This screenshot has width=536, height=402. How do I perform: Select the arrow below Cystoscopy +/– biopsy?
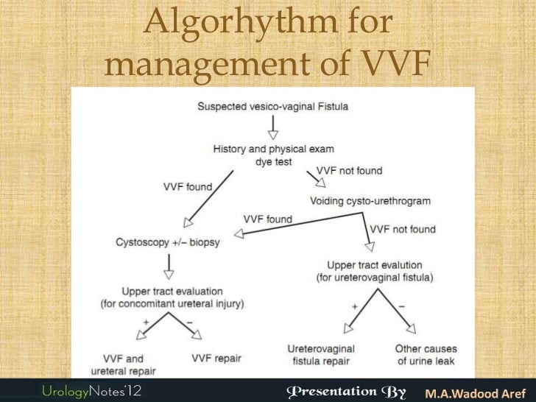170,264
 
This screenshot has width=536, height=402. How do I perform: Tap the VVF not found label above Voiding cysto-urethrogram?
350,170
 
